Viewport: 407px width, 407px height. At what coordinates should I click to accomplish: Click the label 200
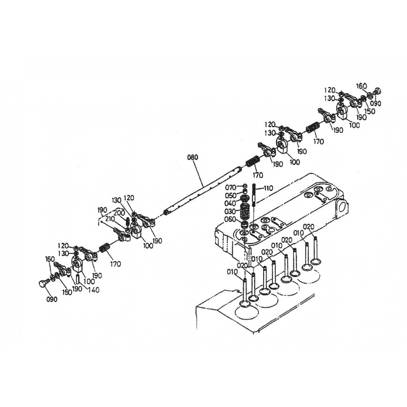pyautogui.click(x=119, y=213)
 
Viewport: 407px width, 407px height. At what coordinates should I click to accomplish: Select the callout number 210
pyautogui.click(x=110, y=219)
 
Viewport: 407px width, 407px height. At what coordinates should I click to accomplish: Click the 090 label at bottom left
pyautogui.click(x=52, y=299)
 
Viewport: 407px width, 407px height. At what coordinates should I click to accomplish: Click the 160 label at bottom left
pyautogui.click(x=50, y=259)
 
